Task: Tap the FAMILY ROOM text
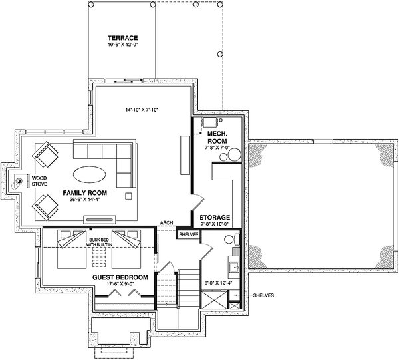[86, 192]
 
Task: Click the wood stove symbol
[17, 180]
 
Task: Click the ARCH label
[167, 224]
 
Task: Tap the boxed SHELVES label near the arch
[188, 234]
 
